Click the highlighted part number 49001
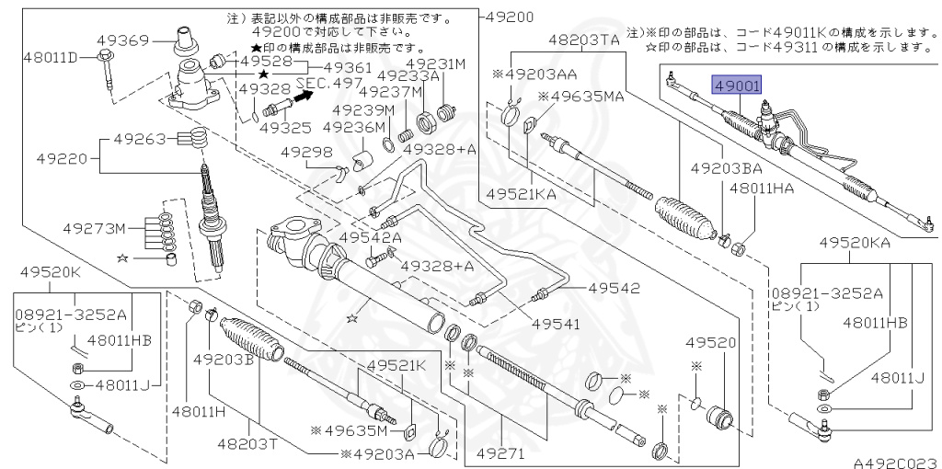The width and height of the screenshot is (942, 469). click(737, 86)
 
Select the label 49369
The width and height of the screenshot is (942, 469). click(122, 40)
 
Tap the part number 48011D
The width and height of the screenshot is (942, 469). click(51, 58)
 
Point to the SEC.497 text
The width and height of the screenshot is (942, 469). click(330, 83)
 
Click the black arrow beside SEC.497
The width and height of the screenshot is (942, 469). click(305, 97)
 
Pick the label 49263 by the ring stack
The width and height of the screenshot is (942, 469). click(140, 139)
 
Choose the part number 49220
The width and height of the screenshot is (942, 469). click(62, 159)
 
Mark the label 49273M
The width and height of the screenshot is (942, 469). click(95, 229)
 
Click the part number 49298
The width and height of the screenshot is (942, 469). click(291, 154)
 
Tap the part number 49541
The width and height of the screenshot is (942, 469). click(557, 325)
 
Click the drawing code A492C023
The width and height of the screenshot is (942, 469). click(897, 463)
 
